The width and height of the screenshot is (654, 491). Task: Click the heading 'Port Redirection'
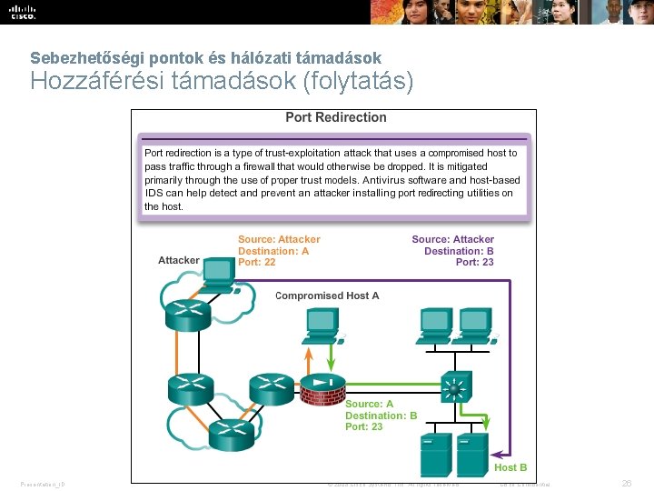(x=335, y=117)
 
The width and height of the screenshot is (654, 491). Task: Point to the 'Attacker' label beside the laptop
(x=178, y=260)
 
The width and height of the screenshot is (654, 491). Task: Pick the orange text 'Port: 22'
(x=256, y=262)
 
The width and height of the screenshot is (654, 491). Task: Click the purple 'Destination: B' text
(x=459, y=251)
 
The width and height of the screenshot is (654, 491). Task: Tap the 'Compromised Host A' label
(x=327, y=296)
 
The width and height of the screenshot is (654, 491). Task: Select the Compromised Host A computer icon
(x=321, y=323)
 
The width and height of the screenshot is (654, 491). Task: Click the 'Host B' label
(x=510, y=467)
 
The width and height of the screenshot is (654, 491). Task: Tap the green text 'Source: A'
(x=369, y=404)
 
